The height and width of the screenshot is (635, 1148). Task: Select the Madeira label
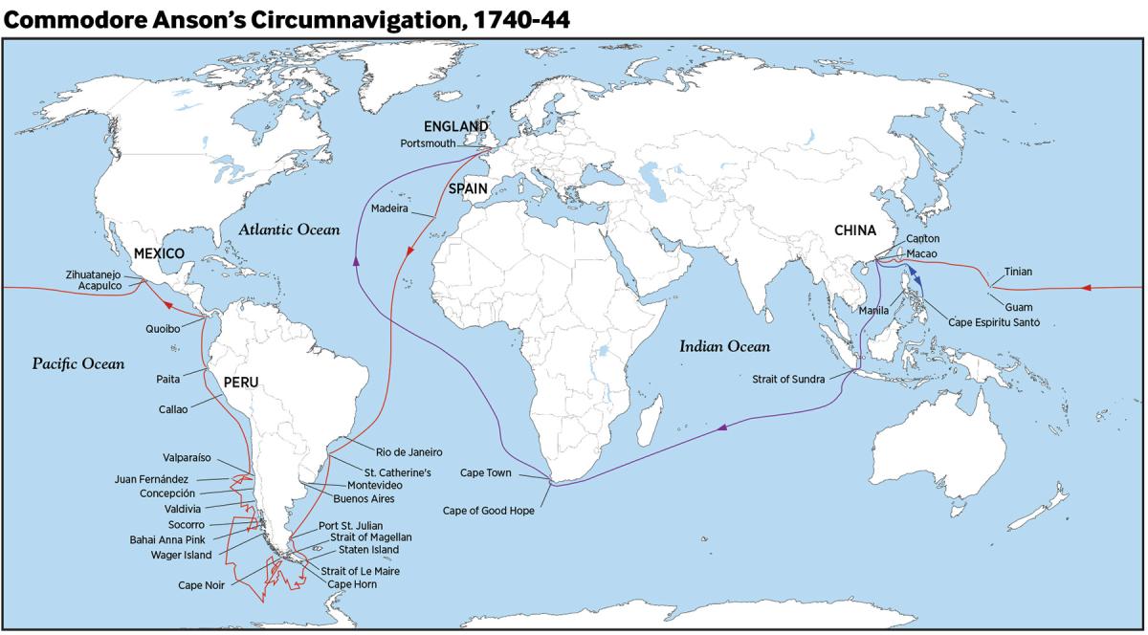tap(389, 208)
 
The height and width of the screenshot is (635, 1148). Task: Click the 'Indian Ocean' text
tap(724, 346)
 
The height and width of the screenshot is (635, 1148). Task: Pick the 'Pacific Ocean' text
tap(78, 363)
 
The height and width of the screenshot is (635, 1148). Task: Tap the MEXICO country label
tap(159, 253)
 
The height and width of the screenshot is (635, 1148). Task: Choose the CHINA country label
tap(854, 230)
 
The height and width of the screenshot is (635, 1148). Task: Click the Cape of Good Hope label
tap(489, 511)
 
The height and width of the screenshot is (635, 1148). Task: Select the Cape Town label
tap(486, 473)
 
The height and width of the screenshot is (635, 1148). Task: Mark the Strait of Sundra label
tap(788, 379)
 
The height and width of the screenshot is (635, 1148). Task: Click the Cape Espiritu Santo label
tap(993, 322)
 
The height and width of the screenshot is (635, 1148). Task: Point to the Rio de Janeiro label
tap(409, 451)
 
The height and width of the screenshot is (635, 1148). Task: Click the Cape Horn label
tap(352, 583)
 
